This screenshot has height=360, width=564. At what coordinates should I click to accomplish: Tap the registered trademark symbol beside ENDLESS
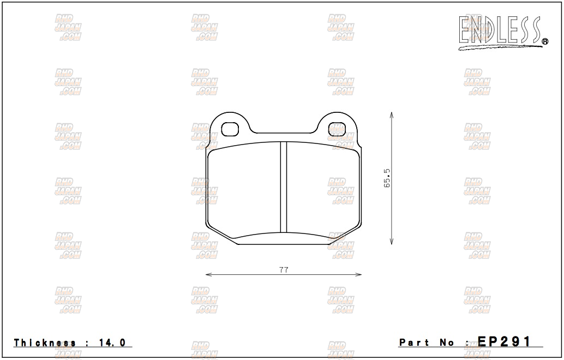pyautogui.click(x=544, y=41)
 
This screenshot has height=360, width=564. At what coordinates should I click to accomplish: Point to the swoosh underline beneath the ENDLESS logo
pyautogui.click(x=499, y=48)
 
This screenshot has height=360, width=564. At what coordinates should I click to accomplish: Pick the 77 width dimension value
pyautogui.click(x=284, y=269)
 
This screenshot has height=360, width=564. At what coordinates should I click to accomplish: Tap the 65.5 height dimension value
pyautogui.click(x=387, y=178)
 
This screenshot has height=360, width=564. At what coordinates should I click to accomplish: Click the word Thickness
pyautogui.click(x=45, y=343)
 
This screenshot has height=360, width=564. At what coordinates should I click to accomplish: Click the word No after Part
pyautogui.click(x=447, y=343)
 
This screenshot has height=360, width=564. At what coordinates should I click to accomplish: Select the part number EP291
pyautogui.click(x=504, y=342)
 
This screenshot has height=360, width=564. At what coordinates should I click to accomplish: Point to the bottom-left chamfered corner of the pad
pyautogui.click(x=221, y=235)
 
